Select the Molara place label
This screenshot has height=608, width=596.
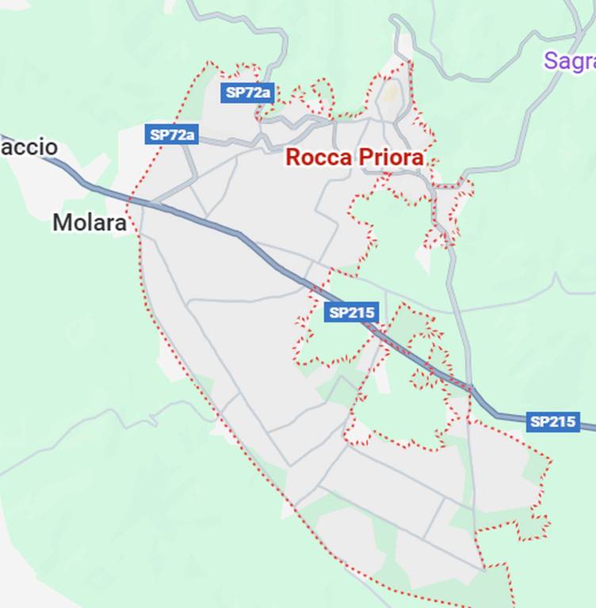coord(89,223)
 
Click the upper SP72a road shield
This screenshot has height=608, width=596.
coord(248,93)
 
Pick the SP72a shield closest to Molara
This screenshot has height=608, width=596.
coord(171,135)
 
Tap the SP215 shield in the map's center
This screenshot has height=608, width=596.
coord(351,313)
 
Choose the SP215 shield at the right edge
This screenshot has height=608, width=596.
coord(552,421)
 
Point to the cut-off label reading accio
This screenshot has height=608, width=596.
coord(29,147)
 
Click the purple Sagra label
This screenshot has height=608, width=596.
coord(569,61)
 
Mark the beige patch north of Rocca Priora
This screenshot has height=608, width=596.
coord(392,93)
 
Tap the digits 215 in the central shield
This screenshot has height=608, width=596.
coord(360,313)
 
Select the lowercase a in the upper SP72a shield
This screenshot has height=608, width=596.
coord(266,93)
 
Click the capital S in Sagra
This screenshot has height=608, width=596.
coord(551,61)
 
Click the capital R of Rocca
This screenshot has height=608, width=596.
coord(293,157)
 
